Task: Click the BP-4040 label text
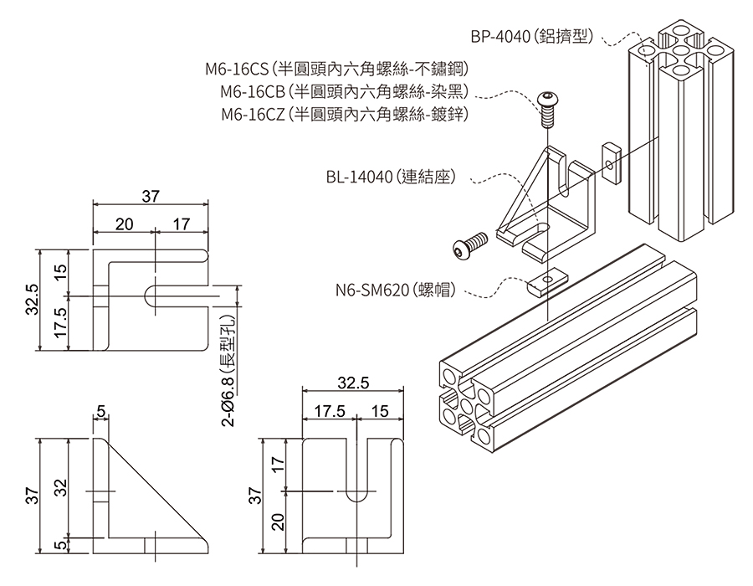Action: click(531, 37)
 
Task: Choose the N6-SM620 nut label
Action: click(395, 290)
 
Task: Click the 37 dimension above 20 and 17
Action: click(150, 197)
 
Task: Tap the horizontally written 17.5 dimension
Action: click(330, 412)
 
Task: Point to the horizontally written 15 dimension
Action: click(379, 412)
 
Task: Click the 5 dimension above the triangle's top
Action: click(100, 411)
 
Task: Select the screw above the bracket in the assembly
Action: click(549, 106)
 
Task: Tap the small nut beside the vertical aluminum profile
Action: click(611, 162)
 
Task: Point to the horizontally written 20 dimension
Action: click(124, 225)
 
